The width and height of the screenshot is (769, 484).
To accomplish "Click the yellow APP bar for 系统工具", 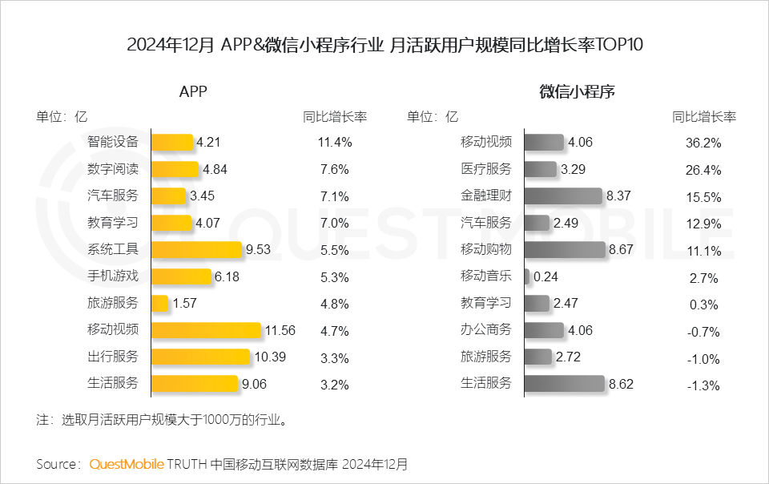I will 195,250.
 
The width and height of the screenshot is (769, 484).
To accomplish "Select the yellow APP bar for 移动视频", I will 206,330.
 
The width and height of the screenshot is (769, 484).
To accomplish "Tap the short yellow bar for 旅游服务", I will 159,304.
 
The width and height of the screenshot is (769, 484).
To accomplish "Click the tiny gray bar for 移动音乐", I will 526,276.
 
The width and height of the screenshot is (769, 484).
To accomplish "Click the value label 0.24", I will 546,276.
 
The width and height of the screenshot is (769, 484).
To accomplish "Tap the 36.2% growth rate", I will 705,143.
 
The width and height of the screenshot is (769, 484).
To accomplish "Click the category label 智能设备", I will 113,143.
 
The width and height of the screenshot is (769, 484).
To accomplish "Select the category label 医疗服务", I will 485,169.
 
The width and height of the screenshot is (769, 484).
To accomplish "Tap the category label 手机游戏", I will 113,276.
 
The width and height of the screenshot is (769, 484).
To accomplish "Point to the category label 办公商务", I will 485,330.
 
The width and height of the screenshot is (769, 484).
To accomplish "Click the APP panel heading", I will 193,91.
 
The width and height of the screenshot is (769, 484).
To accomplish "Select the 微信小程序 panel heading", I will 577,91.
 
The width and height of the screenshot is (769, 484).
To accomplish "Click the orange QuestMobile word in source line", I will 127,464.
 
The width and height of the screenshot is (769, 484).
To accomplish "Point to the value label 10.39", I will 269,357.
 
